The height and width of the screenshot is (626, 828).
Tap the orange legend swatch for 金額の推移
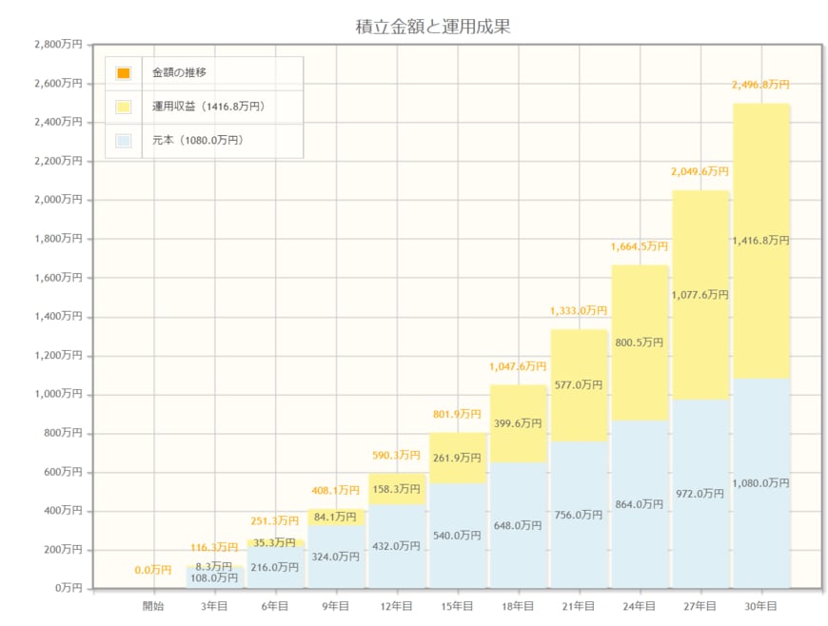click(x=124, y=73)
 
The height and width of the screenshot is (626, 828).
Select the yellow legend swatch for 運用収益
click(x=124, y=107)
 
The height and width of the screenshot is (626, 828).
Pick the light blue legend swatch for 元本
click(x=124, y=141)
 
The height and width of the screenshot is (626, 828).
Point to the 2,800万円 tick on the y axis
click(x=58, y=45)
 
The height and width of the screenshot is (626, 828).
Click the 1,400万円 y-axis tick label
click(x=58, y=317)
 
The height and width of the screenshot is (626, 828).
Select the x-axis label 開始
click(x=153, y=606)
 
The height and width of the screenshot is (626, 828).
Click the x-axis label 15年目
click(x=457, y=606)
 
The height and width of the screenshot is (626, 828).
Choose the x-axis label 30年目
click(x=760, y=606)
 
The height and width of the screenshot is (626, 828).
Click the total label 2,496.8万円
click(x=760, y=85)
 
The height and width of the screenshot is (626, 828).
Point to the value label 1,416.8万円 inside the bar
click(x=760, y=241)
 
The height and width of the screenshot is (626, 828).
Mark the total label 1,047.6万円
click(x=518, y=366)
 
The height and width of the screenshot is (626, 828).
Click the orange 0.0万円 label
click(x=153, y=570)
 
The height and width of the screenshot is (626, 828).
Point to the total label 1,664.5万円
click(x=640, y=246)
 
